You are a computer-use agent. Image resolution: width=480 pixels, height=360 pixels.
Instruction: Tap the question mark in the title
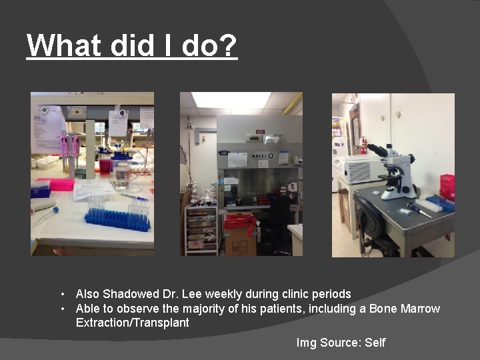(228, 45)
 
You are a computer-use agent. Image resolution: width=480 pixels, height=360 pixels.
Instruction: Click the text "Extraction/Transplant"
(132, 323)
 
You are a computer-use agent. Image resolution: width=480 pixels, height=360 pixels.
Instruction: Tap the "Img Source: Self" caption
(341, 343)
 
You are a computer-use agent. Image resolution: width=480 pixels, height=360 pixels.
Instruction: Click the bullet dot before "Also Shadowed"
(61, 294)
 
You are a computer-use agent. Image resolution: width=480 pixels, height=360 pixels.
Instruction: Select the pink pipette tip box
(57, 184)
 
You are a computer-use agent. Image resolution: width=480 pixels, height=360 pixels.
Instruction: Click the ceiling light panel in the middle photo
(231, 100)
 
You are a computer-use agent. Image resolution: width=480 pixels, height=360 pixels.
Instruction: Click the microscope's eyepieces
(377, 150)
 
